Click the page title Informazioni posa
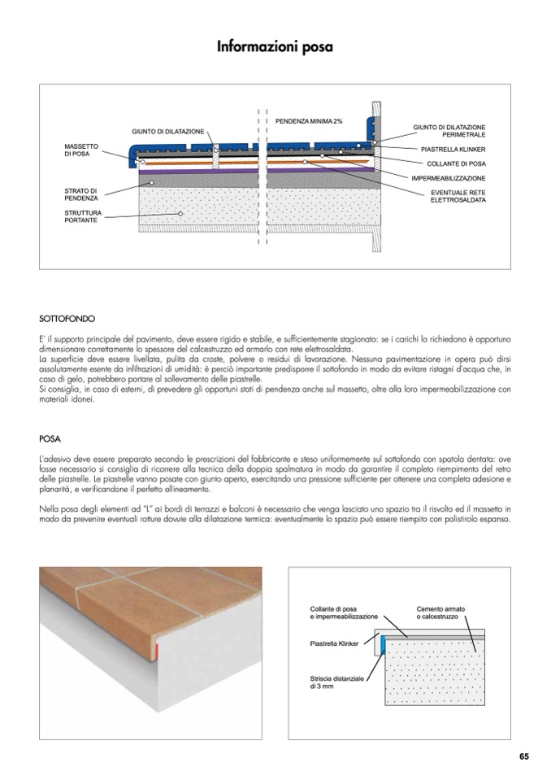(x=275, y=48)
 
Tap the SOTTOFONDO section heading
(x=67, y=319)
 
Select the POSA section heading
(x=50, y=438)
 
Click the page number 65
(x=524, y=756)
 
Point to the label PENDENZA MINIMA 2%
(x=308, y=120)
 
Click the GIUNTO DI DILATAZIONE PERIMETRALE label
(x=449, y=131)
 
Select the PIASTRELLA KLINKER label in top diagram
(x=453, y=150)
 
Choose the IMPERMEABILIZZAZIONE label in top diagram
(x=449, y=178)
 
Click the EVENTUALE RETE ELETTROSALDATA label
(x=458, y=196)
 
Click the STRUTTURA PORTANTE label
(x=82, y=216)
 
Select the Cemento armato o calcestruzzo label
(x=441, y=612)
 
